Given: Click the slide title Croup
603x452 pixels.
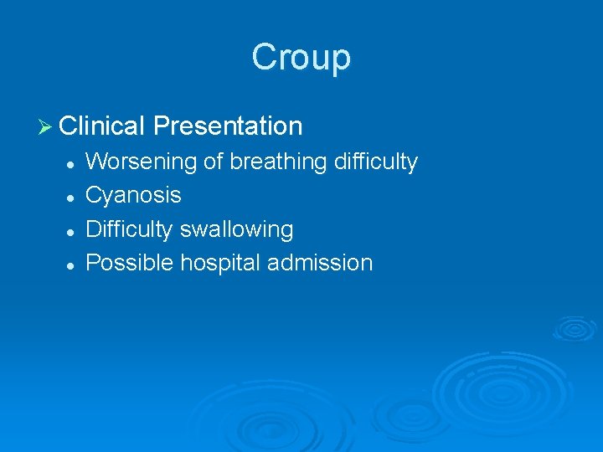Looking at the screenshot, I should (x=301, y=58).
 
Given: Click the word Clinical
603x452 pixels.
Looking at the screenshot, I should (x=103, y=126).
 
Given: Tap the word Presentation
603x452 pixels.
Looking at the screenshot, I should (x=228, y=126).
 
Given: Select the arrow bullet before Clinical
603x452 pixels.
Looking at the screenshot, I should (x=46, y=126).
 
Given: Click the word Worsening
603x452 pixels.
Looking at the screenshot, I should (x=143, y=162).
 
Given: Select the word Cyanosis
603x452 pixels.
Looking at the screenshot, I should (x=133, y=195).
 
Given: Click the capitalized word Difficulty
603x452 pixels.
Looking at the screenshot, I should (x=129, y=229).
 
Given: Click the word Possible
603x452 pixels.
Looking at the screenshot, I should (x=124, y=263).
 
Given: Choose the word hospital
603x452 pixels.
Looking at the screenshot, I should (x=214, y=263).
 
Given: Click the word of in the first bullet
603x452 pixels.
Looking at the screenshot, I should (x=214, y=162).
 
